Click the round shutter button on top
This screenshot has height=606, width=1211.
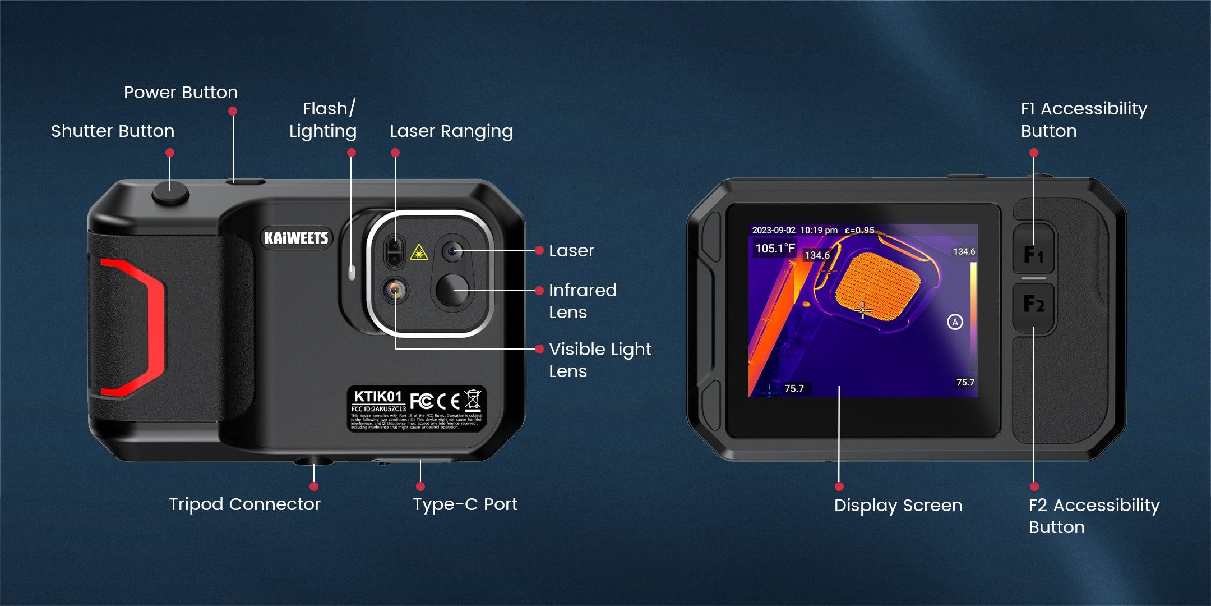point(170,194)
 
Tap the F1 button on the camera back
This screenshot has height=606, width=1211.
point(1034,254)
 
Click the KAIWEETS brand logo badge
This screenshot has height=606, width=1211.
point(296,238)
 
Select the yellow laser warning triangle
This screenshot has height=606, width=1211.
point(419,253)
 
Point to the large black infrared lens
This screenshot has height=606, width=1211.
point(452,290)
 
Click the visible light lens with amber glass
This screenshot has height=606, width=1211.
point(395,290)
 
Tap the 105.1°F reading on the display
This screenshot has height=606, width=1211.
point(775,249)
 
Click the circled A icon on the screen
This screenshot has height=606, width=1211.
point(955,322)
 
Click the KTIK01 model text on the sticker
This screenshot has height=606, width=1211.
point(377,397)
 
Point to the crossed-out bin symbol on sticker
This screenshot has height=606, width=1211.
point(473,400)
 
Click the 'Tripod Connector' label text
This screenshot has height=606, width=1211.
point(244,504)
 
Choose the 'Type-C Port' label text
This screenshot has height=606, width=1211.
point(465,504)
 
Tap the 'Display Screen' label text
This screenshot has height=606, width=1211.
point(898,506)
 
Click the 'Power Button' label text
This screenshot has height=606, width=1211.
point(181,93)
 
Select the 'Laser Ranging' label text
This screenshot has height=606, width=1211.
point(451,131)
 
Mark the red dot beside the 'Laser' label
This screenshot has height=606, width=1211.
point(539,250)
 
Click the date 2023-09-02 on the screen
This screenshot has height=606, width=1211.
point(773,231)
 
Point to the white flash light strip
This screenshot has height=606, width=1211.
point(352,273)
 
